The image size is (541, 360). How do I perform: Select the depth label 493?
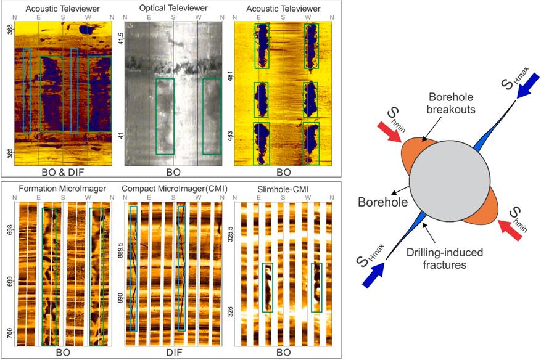pos(230,134)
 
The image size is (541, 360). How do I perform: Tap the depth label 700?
pos(9,333)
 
